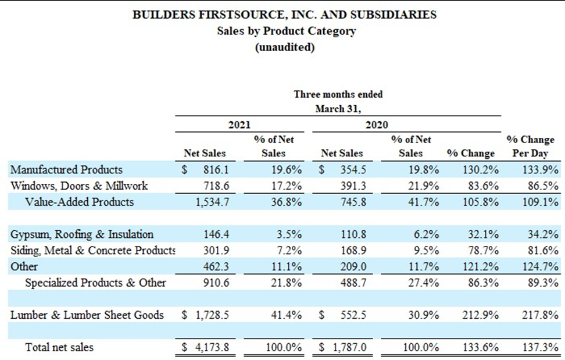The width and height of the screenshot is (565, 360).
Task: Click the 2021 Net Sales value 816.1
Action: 216,169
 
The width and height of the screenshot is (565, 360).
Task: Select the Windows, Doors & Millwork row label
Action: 79,186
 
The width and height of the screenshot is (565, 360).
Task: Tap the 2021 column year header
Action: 239,124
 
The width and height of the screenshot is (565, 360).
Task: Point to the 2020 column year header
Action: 377,124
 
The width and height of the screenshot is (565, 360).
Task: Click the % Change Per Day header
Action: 530,147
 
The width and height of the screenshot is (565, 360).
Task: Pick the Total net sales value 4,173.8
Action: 212,347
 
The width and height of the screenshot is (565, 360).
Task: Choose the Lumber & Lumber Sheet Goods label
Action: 87,315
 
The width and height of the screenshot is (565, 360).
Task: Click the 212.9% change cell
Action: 481,315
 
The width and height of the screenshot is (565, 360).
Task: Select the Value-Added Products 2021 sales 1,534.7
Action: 212,202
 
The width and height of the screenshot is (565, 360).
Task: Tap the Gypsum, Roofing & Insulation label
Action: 82,234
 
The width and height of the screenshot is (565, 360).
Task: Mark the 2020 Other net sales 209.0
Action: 353,266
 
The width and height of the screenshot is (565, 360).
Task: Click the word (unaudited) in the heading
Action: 285,47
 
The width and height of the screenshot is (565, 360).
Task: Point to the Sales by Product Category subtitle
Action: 286,31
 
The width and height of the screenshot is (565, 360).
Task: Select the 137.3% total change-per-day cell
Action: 541,347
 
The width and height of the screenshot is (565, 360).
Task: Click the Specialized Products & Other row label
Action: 95,283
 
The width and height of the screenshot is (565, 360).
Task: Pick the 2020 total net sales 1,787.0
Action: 349,347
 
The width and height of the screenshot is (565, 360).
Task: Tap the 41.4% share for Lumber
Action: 287,315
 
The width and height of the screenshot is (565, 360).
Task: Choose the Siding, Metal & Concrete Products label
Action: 93,250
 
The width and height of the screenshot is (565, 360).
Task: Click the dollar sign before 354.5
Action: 321,169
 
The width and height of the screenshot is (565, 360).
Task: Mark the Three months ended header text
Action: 338,94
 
